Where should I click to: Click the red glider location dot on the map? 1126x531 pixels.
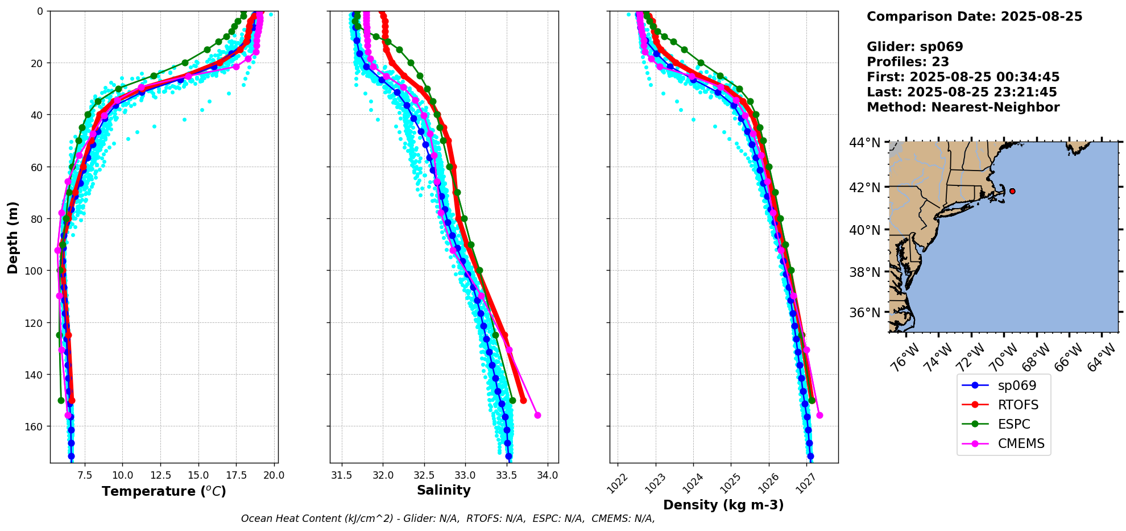(x=1012, y=191)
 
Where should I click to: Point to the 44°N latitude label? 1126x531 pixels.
(x=864, y=142)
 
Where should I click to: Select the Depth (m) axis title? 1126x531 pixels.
(x=13, y=237)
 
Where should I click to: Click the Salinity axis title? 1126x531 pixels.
(x=444, y=491)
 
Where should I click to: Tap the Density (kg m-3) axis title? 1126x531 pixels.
(x=723, y=505)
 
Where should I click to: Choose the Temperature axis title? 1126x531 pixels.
(x=164, y=491)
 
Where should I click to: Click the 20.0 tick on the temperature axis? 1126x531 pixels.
(x=274, y=475)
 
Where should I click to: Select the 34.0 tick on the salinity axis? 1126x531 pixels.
(x=547, y=475)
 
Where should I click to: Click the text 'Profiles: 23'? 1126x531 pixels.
(x=908, y=61)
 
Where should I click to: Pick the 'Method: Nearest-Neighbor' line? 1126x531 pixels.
(x=963, y=107)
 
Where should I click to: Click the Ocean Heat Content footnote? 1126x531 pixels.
(x=448, y=518)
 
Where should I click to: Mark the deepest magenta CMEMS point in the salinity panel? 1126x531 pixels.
(x=537, y=415)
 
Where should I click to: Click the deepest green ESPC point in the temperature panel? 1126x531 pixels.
(x=61, y=400)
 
